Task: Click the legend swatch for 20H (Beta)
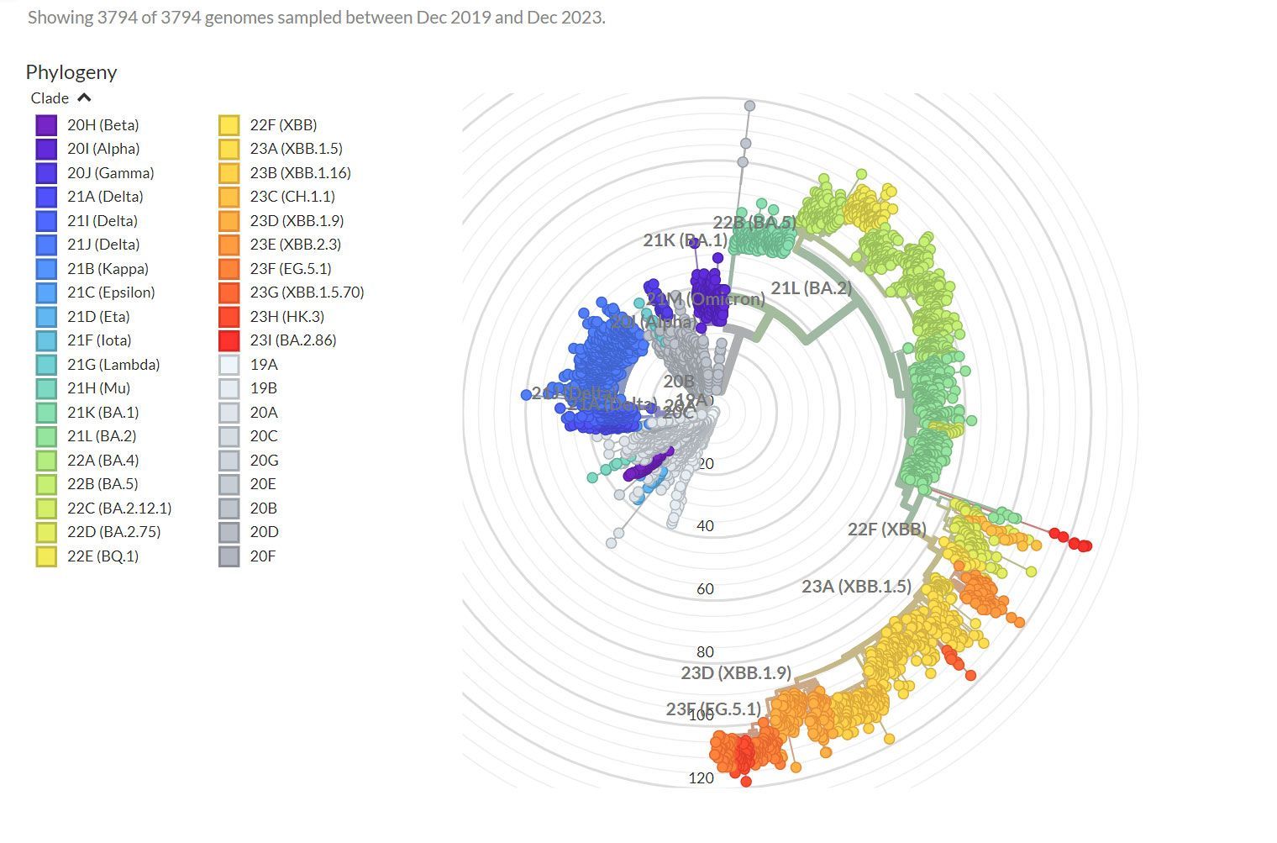click(x=46, y=125)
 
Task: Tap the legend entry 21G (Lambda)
click(x=113, y=365)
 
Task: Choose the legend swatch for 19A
click(x=229, y=365)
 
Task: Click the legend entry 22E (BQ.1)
click(x=102, y=556)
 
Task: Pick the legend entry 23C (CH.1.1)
click(x=292, y=197)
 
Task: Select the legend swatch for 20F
click(x=229, y=556)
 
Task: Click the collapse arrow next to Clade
click(x=84, y=98)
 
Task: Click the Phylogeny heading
click(x=71, y=72)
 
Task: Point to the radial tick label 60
click(x=705, y=589)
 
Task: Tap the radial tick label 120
click(x=701, y=778)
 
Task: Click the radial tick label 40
click(x=705, y=526)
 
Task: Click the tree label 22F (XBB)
click(x=886, y=530)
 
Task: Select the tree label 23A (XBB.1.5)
click(x=856, y=587)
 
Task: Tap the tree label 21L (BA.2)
click(x=811, y=288)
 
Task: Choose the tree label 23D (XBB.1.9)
click(x=735, y=673)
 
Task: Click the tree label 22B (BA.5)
click(x=754, y=223)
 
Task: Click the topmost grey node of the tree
click(x=749, y=106)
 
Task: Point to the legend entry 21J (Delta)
click(x=103, y=245)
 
